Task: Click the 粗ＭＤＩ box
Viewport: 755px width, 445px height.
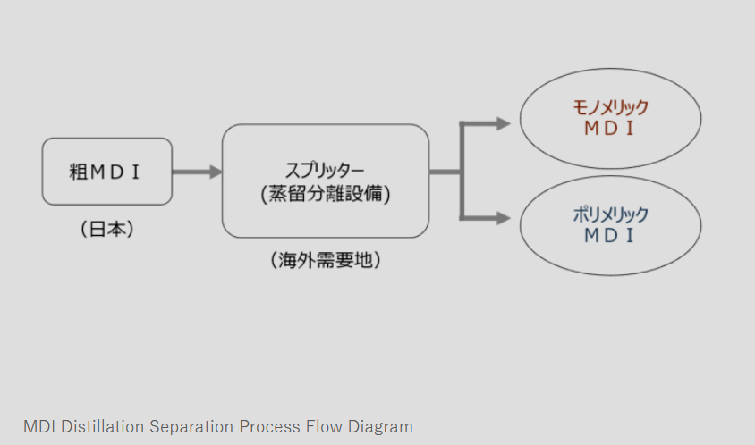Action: (x=106, y=172)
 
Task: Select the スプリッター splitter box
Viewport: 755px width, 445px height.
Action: (x=325, y=181)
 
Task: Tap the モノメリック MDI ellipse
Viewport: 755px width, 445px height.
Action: (x=610, y=118)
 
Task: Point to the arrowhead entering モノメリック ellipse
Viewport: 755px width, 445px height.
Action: (x=503, y=123)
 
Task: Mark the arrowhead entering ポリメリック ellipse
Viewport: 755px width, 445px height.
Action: (x=503, y=217)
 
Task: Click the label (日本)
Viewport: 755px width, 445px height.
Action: (x=106, y=229)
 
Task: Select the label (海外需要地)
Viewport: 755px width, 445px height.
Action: (x=325, y=261)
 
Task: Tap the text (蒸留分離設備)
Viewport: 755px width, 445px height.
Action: (x=325, y=194)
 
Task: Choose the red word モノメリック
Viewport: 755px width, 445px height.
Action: (x=610, y=107)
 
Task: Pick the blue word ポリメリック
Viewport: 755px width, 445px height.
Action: (x=610, y=215)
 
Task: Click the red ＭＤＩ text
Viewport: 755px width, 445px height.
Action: (x=610, y=129)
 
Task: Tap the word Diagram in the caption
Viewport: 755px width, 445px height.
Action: (x=383, y=426)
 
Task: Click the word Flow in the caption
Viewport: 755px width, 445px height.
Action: (x=330, y=426)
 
